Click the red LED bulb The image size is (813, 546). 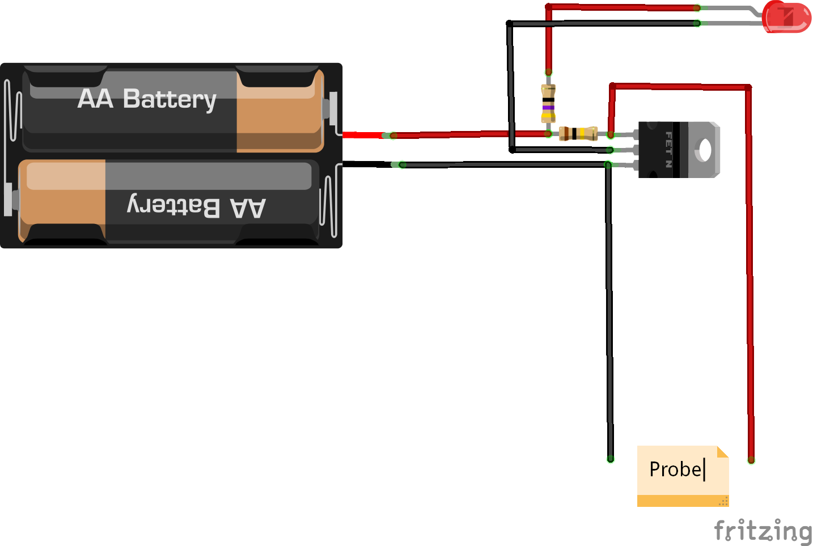[x=787, y=17]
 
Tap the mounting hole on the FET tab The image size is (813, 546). [x=705, y=150]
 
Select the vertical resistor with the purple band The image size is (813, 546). [x=548, y=104]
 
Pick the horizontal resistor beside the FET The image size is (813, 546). [x=578, y=134]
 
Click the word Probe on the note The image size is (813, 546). [x=675, y=469]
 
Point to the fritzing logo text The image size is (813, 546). [x=763, y=531]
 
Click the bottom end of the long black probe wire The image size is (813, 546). [x=611, y=458]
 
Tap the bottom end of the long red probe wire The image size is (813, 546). [x=751, y=459]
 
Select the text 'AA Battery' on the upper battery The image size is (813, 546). [x=147, y=99]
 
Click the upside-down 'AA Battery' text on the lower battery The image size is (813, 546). [x=196, y=206]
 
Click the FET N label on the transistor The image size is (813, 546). [x=669, y=150]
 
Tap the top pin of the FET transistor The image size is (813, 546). [x=626, y=135]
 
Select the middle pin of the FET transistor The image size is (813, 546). [x=626, y=150]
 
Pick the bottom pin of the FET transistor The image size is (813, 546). [x=626, y=165]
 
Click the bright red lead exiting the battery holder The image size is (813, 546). [x=363, y=135]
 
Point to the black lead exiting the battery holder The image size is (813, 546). [x=366, y=164]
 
